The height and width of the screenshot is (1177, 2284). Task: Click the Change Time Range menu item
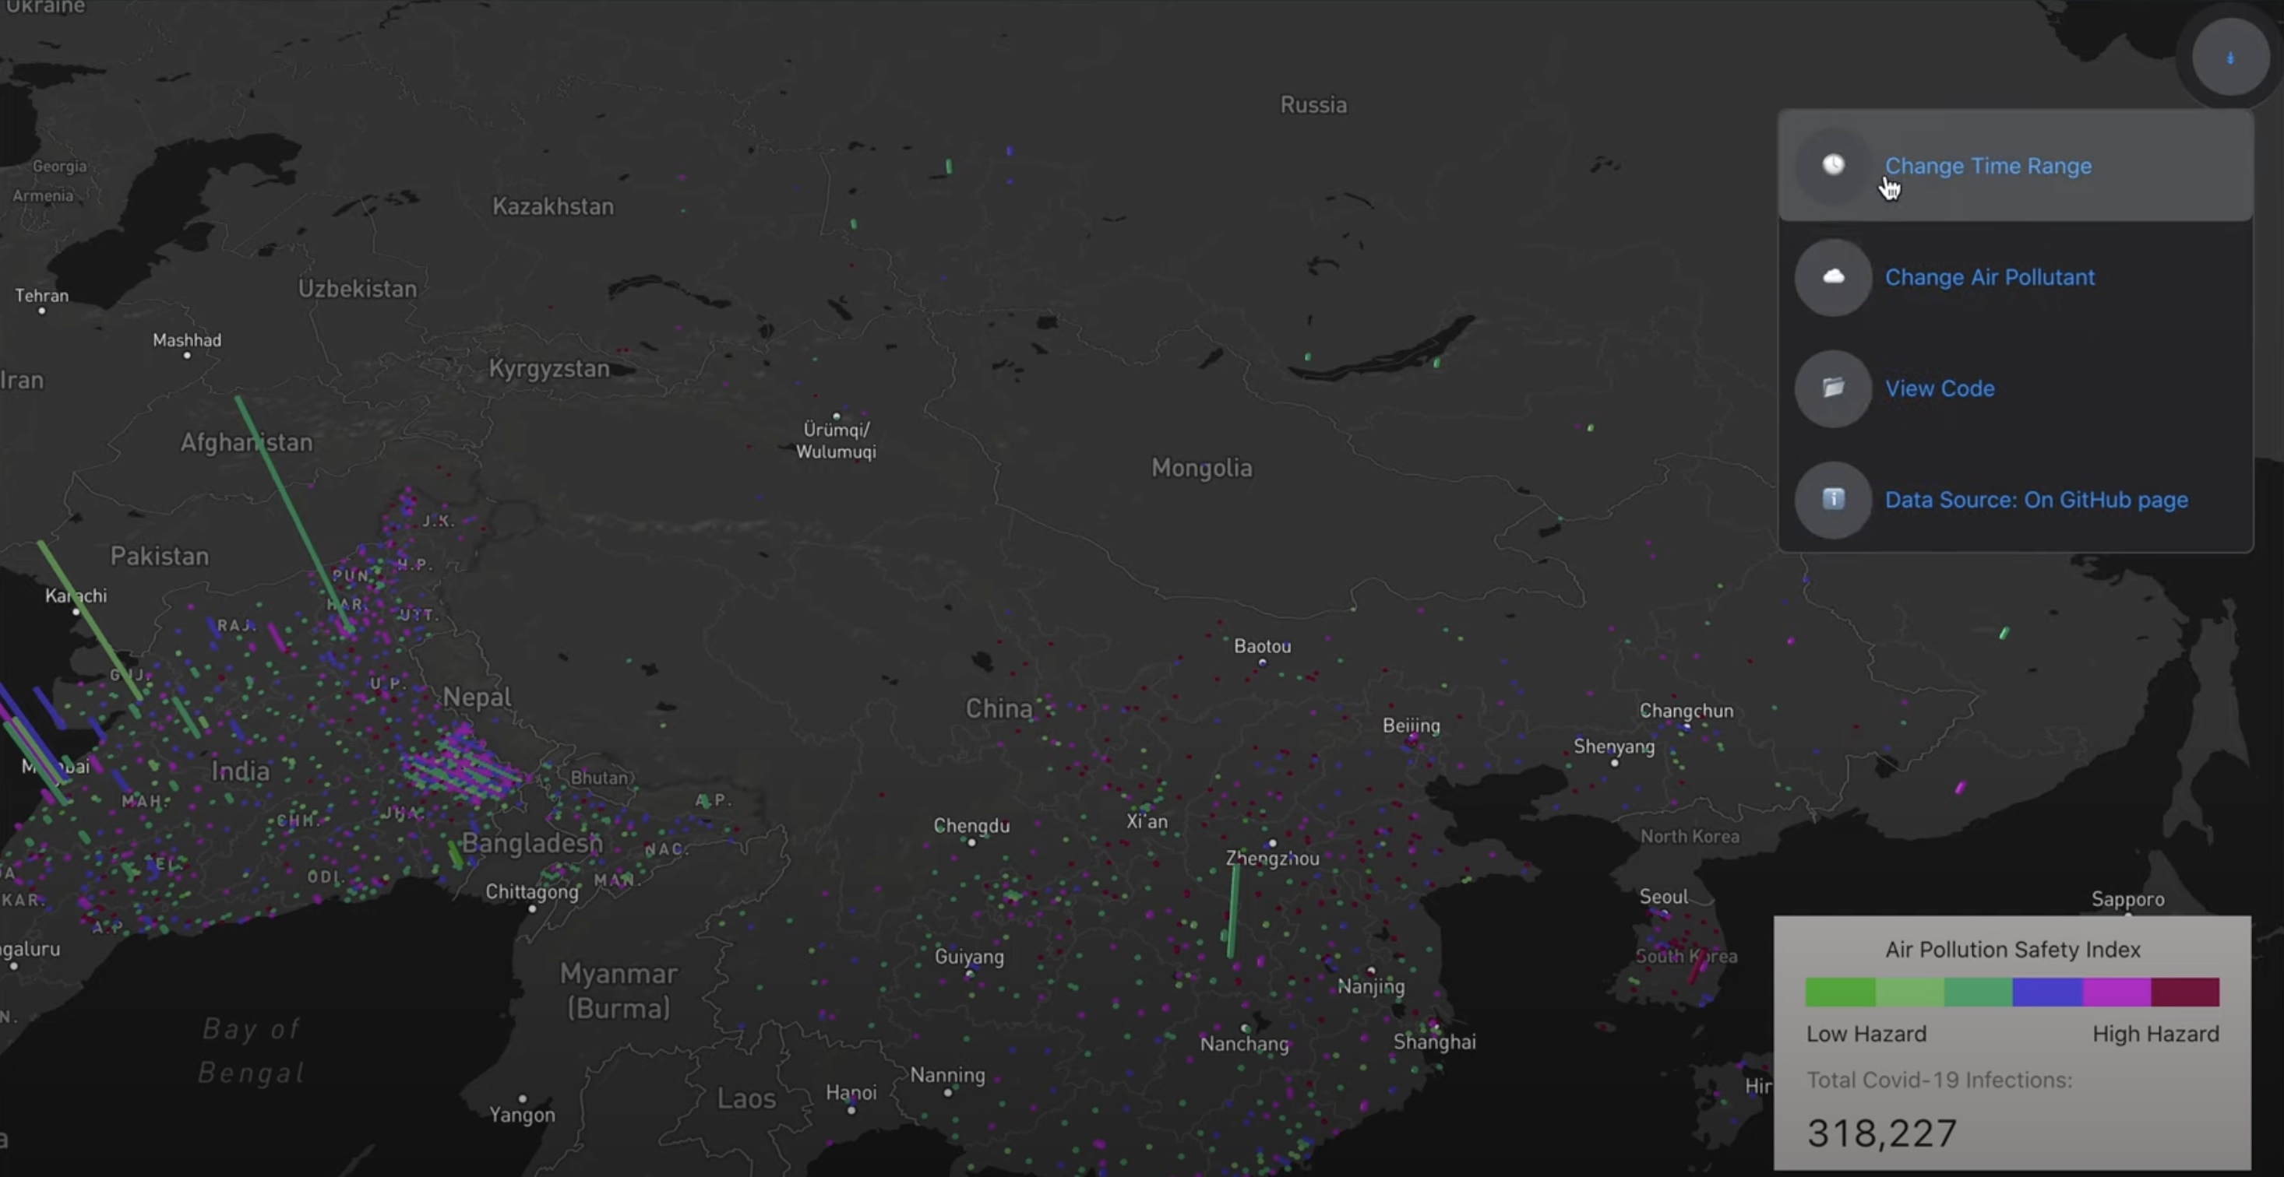[1987, 166]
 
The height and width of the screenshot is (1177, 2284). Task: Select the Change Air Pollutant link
[1989, 277]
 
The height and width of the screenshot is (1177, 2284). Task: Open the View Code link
[1939, 388]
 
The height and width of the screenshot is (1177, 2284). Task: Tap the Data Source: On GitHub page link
[2036, 500]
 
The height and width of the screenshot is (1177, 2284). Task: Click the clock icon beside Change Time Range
[1833, 165]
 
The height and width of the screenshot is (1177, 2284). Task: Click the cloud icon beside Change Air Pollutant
[1833, 276]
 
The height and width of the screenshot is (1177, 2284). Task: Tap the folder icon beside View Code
[1833, 388]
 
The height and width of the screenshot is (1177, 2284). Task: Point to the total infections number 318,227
[1881, 1133]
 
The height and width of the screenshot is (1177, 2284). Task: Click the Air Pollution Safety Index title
[2012, 949]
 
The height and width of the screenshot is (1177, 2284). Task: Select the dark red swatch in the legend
[2185, 992]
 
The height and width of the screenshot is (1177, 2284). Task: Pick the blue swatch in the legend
[2046, 992]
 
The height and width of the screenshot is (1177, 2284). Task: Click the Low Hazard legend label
[1866, 1034]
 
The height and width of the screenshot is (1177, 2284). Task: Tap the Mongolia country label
[1201, 468]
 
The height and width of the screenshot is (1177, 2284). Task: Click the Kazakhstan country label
[552, 206]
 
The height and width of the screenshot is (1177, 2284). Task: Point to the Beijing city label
[1411, 726]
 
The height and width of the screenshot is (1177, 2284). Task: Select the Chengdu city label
[971, 826]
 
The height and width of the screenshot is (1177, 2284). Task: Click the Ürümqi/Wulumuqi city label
[835, 441]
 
